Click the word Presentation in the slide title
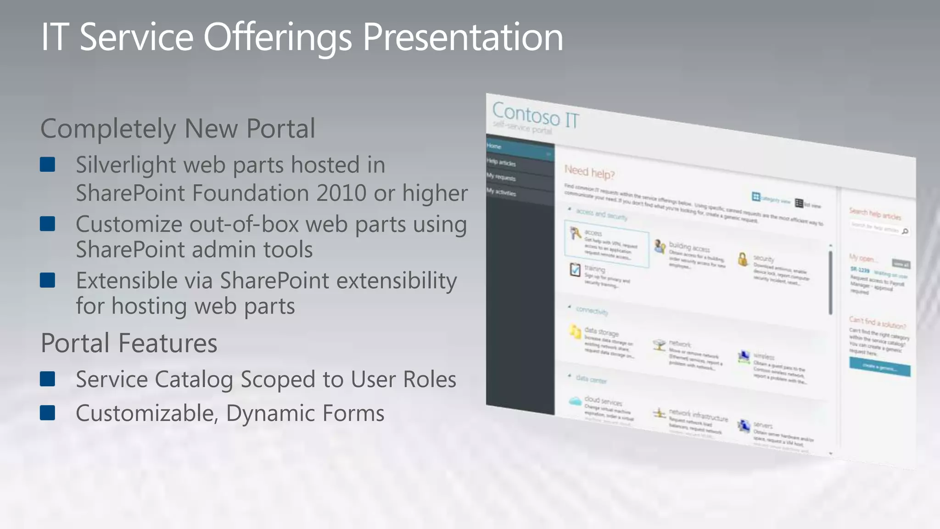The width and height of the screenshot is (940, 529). pos(463,37)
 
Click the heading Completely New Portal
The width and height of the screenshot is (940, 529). pos(178,128)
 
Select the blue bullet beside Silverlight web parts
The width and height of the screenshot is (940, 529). pos(48,164)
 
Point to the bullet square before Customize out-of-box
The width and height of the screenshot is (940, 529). pos(48,224)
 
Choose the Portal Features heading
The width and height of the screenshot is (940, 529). pos(129,343)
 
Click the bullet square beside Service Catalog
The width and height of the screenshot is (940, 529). pos(48,379)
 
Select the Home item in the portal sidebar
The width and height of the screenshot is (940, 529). pos(494,146)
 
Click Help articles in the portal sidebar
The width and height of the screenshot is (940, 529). pos(501,163)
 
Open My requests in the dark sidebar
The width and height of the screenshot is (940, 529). pos(501,177)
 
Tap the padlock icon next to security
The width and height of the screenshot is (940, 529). pos(743,259)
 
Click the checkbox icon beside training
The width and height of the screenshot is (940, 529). pos(575,270)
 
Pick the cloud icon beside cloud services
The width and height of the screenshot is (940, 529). pos(575,401)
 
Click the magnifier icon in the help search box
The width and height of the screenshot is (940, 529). pos(905,231)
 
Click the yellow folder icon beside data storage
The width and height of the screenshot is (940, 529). pos(575,332)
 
